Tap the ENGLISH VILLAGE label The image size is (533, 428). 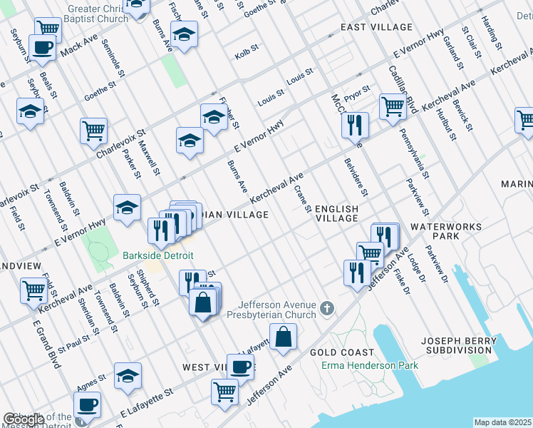coord(336,213)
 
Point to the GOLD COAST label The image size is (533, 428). coord(342,352)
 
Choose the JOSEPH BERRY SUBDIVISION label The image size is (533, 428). coord(460,345)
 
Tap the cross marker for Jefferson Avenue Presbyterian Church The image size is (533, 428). coord(326,308)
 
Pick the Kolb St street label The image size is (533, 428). coord(245,56)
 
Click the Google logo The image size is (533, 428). coord(24,419)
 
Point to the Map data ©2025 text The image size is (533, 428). coord(503,422)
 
